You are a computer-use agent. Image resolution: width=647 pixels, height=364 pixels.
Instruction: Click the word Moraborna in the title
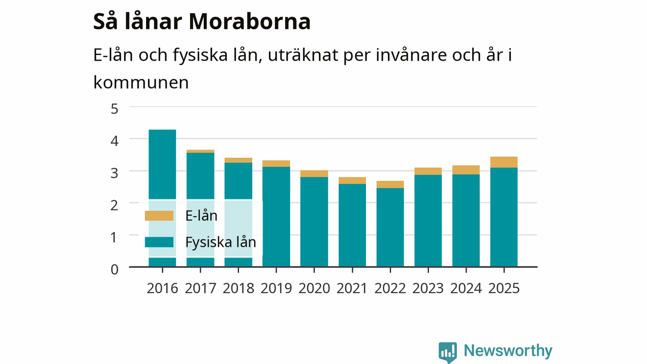(x=250, y=21)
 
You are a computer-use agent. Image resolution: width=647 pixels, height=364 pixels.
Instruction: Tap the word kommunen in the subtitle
(x=141, y=82)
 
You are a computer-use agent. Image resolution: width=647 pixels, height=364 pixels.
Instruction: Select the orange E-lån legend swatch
(x=159, y=216)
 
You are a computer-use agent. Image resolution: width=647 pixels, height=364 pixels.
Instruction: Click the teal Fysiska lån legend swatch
(x=159, y=242)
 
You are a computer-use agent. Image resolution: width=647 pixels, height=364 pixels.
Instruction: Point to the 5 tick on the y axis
(x=114, y=109)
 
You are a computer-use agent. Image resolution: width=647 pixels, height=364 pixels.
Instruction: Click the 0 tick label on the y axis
(x=114, y=269)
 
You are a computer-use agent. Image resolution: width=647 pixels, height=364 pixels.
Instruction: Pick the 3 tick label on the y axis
(x=114, y=173)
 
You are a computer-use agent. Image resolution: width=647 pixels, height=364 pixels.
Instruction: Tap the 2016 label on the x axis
(x=162, y=288)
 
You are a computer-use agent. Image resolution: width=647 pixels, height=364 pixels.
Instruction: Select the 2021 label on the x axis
(x=352, y=288)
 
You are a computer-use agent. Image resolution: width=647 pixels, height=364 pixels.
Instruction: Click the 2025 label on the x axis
(x=504, y=288)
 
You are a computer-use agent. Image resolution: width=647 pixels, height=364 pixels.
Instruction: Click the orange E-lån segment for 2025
(x=504, y=162)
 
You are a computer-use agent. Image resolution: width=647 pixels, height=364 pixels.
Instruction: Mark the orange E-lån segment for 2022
(x=390, y=185)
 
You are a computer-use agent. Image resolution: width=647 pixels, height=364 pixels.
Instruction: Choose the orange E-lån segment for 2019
(x=276, y=163)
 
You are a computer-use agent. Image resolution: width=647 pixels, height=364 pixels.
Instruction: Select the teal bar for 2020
(x=314, y=221)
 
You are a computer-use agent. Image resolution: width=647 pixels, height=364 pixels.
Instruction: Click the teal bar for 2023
(x=428, y=220)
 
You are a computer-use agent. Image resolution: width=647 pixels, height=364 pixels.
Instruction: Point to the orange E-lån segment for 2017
(x=201, y=151)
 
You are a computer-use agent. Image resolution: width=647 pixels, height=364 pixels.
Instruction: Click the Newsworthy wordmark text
(x=508, y=351)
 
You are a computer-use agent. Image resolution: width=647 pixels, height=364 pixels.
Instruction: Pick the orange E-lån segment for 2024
(x=466, y=170)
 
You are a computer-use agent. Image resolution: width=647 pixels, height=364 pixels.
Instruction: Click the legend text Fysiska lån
(x=221, y=242)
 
